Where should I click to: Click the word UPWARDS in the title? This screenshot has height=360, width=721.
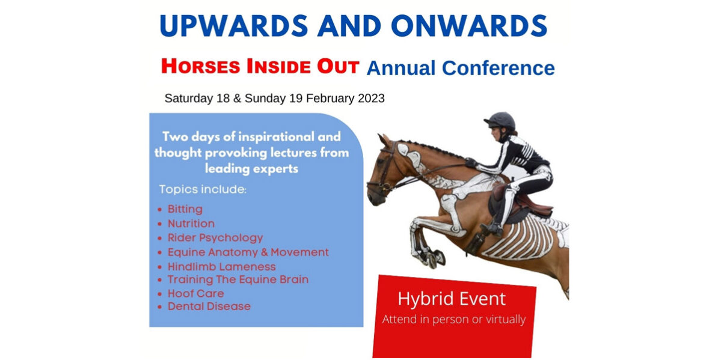[x=234, y=25]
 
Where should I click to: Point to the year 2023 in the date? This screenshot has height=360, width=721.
[x=370, y=99]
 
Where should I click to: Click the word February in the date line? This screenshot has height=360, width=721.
[x=330, y=99]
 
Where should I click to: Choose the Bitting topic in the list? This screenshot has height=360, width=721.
[x=185, y=209]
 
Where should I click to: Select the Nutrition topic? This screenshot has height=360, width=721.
[x=191, y=224]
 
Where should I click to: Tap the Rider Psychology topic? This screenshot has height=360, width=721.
[x=215, y=238]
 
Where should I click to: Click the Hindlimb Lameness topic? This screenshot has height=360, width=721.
[x=222, y=267]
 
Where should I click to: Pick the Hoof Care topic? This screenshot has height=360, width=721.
[x=196, y=293]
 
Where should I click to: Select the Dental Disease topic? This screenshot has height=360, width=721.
[x=209, y=306]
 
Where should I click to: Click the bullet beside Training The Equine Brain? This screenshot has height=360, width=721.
[x=159, y=280]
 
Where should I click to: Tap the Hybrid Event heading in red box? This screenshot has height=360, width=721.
[x=452, y=299]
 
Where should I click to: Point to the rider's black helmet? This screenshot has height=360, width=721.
[x=500, y=121]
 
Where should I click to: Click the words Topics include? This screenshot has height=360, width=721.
[x=203, y=189]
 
